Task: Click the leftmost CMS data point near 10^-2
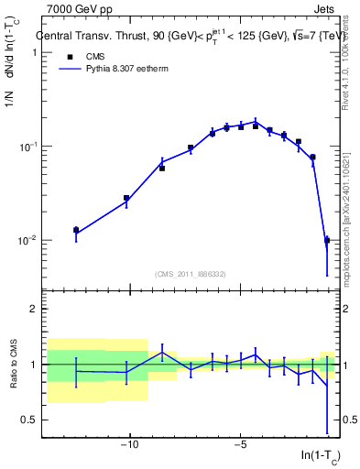pos(76,230)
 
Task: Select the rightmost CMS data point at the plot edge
pos(327,240)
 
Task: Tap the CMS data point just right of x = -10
pos(126,198)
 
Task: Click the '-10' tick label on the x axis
pos(130,445)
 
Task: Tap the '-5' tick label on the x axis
pos(240,445)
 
